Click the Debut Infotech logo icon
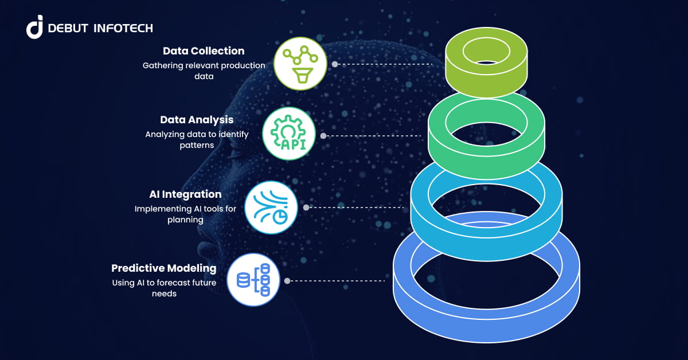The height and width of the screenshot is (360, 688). click(x=34, y=27)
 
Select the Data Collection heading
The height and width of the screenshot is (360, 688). click(x=204, y=51)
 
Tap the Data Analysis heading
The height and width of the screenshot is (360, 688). click(x=197, y=120)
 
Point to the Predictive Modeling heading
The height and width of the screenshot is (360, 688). click(x=164, y=268)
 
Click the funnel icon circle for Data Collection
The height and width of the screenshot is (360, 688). click(x=300, y=64)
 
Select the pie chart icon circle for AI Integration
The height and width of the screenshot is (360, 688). click(x=271, y=208)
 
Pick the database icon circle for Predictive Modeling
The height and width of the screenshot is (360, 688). click(x=253, y=280)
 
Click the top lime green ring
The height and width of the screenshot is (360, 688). click(x=486, y=80)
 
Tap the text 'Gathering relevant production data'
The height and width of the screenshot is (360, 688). click(x=204, y=71)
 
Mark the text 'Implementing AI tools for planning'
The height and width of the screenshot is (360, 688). click(x=185, y=214)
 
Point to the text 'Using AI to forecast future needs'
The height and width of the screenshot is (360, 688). click(x=164, y=288)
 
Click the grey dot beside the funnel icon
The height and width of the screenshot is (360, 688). click(x=335, y=64)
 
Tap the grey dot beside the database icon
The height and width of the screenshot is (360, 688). click(x=287, y=281)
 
